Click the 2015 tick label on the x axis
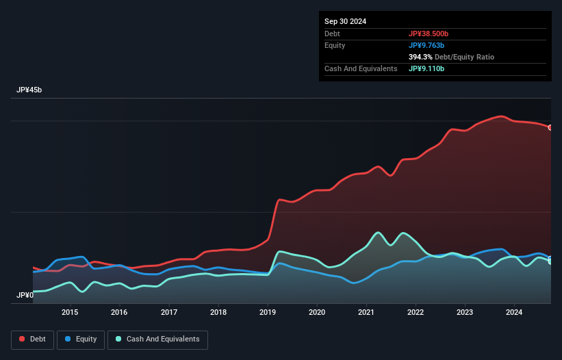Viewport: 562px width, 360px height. pyautogui.click(x=70, y=313)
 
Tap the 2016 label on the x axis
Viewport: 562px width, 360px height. pyautogui.click(x=120, y=313)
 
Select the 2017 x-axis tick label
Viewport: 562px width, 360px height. pyautogui.click(x=169, y=313)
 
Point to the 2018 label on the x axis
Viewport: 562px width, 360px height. pyautogui.click(x=218, y=313)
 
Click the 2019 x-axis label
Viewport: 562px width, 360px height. pyautogui.click(x=268, y=313)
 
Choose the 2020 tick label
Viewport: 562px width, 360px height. pyautogui.click(x=317, y=313)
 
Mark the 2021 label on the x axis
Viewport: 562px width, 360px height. pyautogui.click(x=366, y=313)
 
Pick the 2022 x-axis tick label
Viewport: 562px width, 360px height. pyautogui.click(x=416, y=313)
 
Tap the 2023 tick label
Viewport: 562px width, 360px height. pyautogui.click(x=465, y=313)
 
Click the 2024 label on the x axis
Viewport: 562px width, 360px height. pyautogui.click(x=514, y=313)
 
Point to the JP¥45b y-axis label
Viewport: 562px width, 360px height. pyautogui.click(x=31, y=90)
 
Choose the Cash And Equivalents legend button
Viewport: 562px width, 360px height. pyautogui.click(x=157, y=339)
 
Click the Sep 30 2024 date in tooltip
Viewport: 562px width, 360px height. pyautogui.click(x=346, y=21)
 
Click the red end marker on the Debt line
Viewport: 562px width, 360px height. pyautogui.click(x=550, y=127)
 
